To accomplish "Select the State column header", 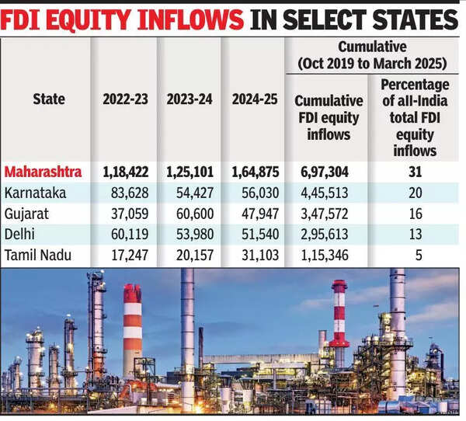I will point(49,99).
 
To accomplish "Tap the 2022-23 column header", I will point(124,99).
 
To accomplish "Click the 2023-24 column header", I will point(190,99).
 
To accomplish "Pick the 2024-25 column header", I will point(254,99).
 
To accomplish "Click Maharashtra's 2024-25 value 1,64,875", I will point(254,171).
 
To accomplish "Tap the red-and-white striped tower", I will point(339,318).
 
